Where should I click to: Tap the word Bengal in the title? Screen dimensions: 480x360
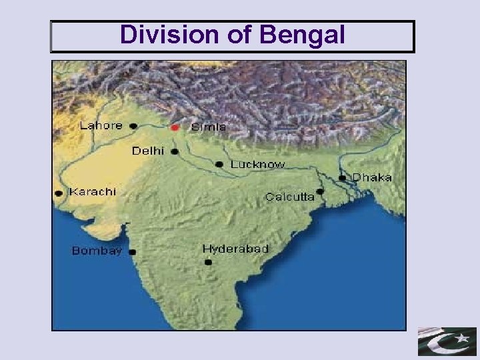point(303,37)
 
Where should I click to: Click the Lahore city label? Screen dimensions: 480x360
point(101,125)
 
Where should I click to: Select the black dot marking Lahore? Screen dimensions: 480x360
point(133,125)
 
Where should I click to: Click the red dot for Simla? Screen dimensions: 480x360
point(175,127)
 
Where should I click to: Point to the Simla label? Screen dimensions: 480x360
point(209,127)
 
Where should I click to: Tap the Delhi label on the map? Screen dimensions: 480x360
point(148,151)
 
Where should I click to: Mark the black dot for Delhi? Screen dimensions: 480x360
point(175,152)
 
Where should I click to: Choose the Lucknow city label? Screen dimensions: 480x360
point(257,164)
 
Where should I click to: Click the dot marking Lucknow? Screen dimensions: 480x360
point(219,164)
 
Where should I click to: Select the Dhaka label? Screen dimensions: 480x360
point(372,177)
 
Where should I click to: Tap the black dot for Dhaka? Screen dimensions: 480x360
point(342,178)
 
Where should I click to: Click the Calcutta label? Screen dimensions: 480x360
point(290,197)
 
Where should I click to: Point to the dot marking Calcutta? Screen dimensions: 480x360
point(321,191)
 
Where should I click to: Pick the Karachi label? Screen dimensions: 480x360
point(93,191)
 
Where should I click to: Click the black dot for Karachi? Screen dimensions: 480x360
point(59,193)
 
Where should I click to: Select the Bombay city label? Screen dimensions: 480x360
point(97,251)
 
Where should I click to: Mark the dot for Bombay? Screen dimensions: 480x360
point(133,252)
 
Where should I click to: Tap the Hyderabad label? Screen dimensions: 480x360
point(235,249)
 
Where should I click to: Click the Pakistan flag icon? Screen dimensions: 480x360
point(447,341)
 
